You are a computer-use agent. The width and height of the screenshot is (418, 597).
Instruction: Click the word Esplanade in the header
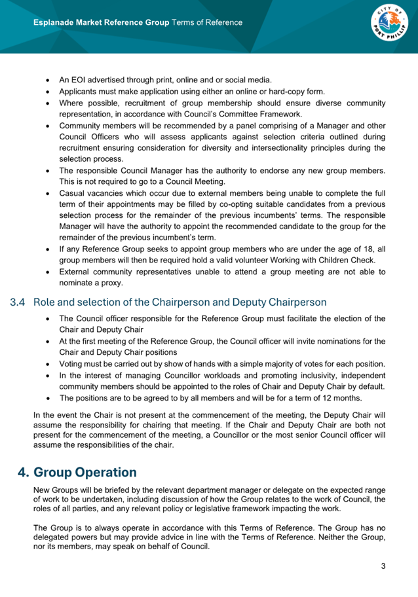coord(57,23)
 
